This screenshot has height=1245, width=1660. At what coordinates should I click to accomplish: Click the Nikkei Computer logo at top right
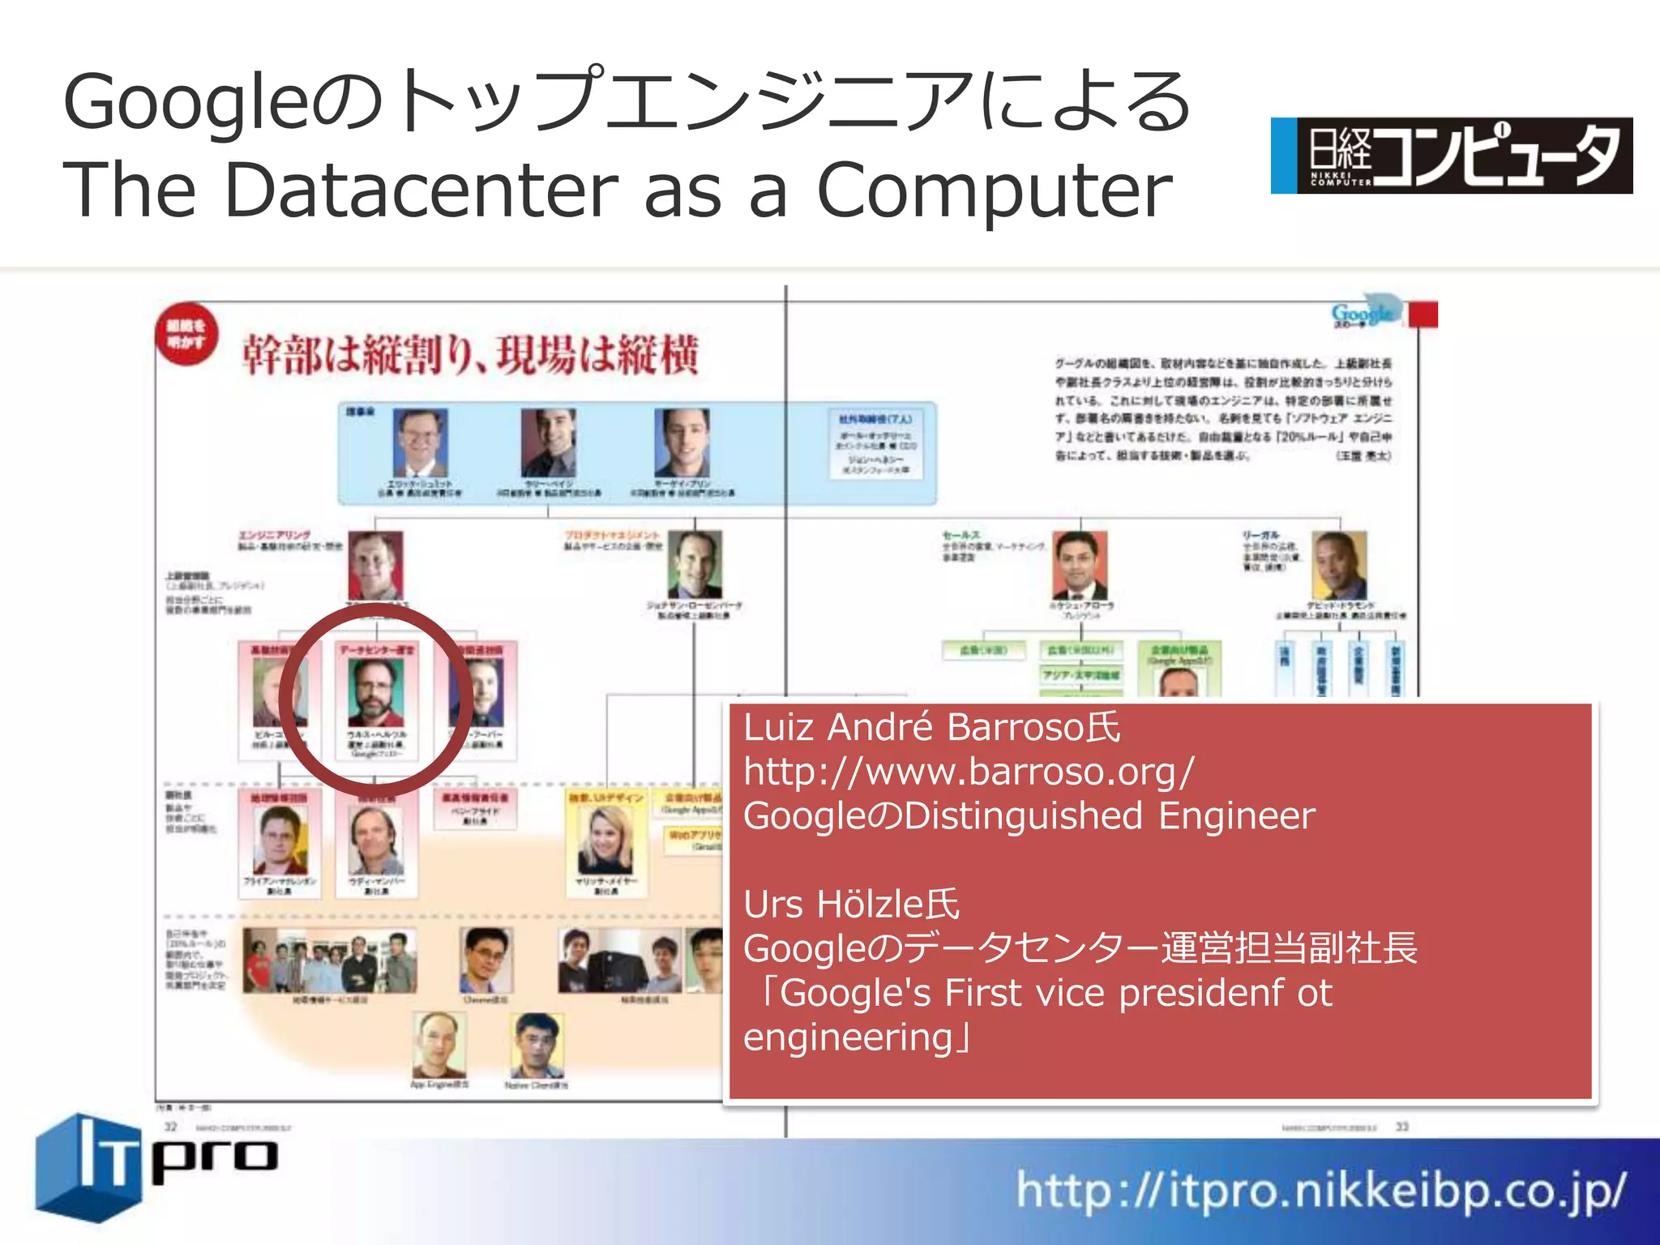tap(1451, 156)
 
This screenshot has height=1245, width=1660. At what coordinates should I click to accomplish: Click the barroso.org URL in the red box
tap(969, 772)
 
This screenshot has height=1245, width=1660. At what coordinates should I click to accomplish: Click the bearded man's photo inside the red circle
tap(375, 693)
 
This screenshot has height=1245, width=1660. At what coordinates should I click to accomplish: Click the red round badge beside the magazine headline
tap(186, 334)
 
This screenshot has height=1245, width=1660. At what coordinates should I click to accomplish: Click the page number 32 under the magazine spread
tap(171, 1127)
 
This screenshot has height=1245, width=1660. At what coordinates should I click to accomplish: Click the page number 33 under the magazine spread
tap(1402, 1127)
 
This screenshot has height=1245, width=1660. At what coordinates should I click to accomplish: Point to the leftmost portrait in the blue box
tap(420, 443)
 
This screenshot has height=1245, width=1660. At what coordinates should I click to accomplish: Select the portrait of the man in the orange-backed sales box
tap(1079, 565)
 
